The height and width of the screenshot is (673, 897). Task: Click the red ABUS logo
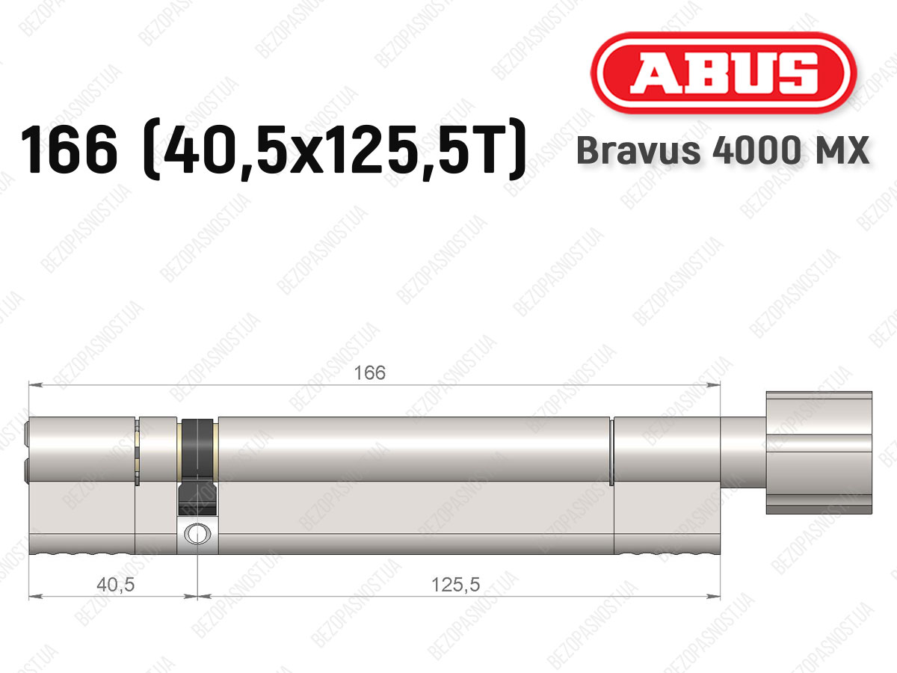(724, 73)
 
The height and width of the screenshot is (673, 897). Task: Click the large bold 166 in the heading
(69, 150)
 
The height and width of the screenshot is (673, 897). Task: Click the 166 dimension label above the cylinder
(369, 373)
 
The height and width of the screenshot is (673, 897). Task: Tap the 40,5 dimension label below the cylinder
(116, 586)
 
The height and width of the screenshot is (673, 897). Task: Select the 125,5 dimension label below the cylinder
(456, 586)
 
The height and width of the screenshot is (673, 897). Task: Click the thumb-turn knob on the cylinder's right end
(819, 452)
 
